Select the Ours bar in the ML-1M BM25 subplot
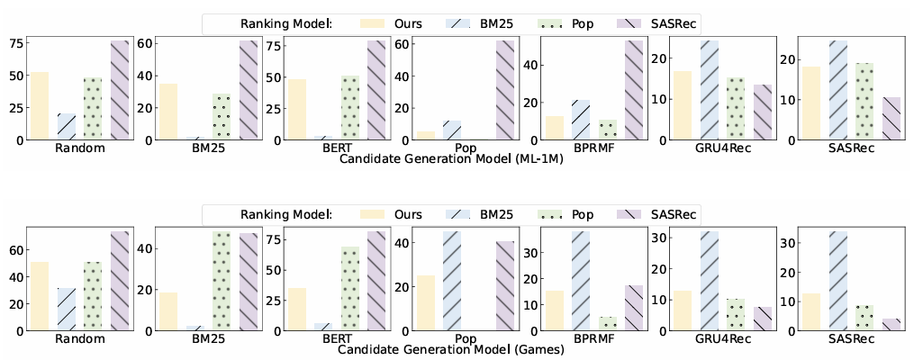click(168, 112)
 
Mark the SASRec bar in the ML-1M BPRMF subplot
click(634, 90)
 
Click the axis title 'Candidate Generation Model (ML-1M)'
click(448, 158)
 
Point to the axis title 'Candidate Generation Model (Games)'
click(448, 350)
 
